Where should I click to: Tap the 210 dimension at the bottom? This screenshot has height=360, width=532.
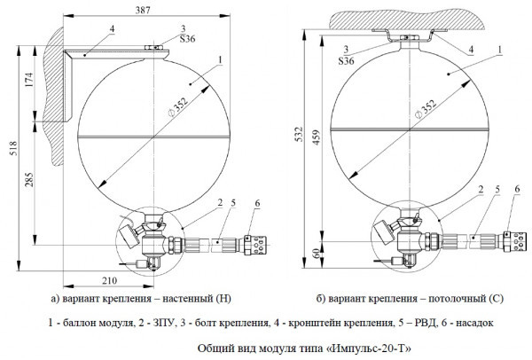(109, 282)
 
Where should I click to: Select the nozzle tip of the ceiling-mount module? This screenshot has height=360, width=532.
(512, 241)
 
